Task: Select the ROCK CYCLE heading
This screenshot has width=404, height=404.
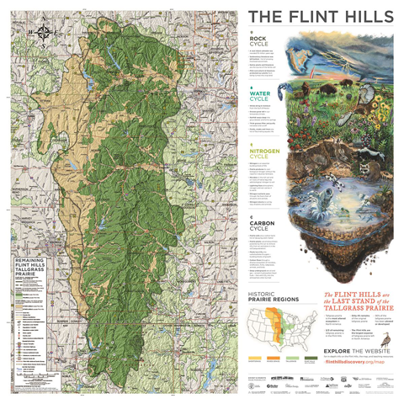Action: [x=260, y=40]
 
